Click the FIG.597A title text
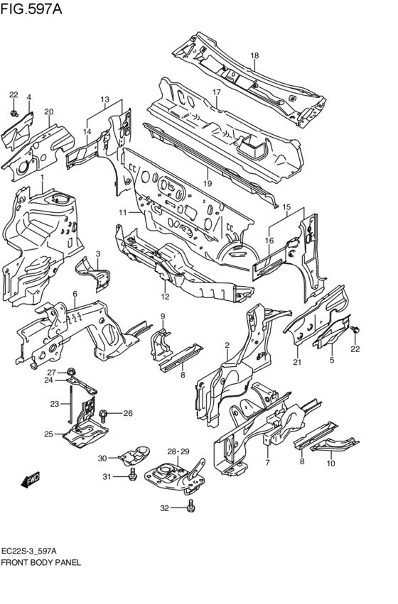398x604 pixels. [x=31, y=9]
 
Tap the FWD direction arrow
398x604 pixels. [x=31, y=480]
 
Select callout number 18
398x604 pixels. [x=254, y=55]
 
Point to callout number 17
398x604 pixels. [x=216, y=92]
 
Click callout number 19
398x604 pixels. [x=208, y=183]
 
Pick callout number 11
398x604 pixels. [x=123, y=212]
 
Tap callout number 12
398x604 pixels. [x=165, y=296]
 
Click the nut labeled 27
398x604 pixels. [x=70, y=372]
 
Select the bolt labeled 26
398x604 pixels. [x=103, y=415]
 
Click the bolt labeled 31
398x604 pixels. [x=132, y=476]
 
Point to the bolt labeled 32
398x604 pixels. [x=190, y=507]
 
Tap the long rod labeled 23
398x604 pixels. [x=70, y=404]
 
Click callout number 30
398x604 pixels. [x=102, y=458]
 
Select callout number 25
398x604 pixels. [x=48, y=434]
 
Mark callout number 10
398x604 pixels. [x=331, y=463]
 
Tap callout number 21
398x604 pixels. [x=297, y=362]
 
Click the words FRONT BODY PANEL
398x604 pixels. [x=41, y=562]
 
